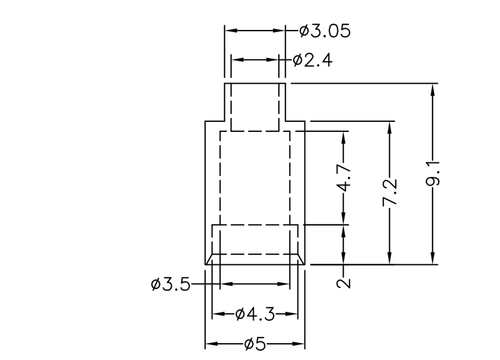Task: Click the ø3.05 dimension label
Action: [x=324, y=31]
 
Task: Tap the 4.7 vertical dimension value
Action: [x=346, y=178]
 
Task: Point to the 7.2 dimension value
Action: [x=390, y=193]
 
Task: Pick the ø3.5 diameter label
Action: [x=170, y=284]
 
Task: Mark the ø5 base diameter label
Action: [x=254, y=344]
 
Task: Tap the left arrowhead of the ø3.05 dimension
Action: [x=229, y=30]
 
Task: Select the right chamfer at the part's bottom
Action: [x=301, y=259]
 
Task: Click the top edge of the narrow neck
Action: [x=255, y=82]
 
